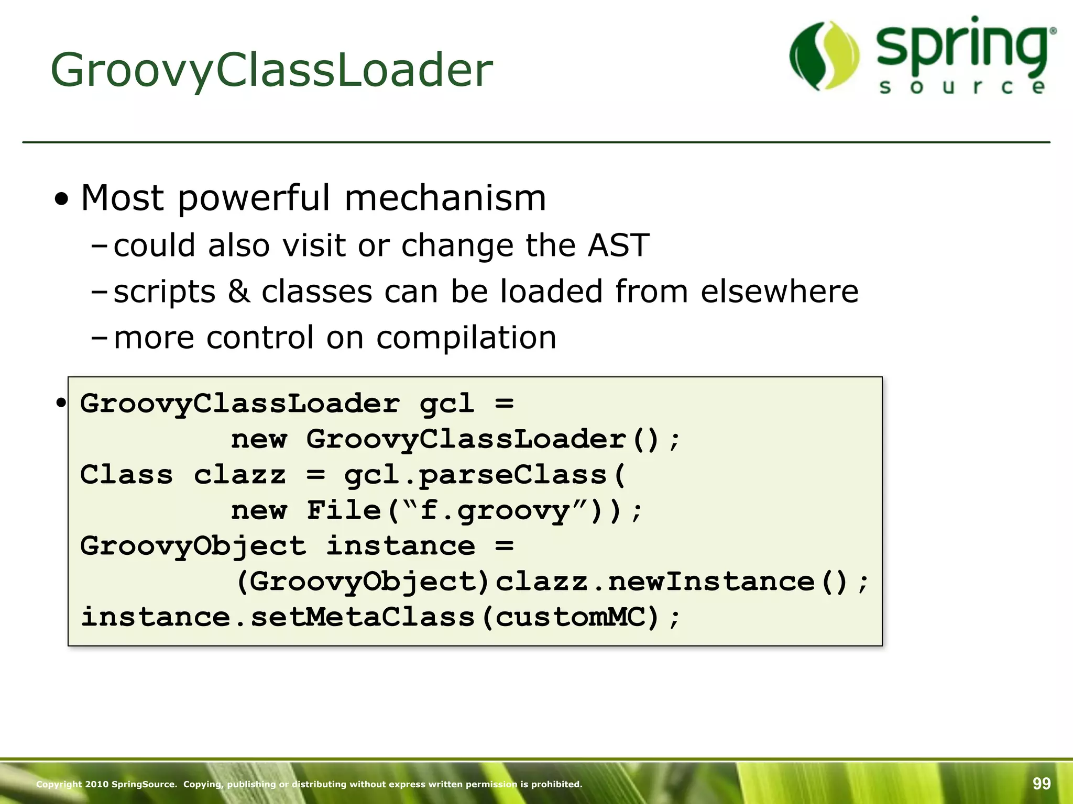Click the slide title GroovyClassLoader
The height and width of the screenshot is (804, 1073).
pyautogui.click(x=271, y=70)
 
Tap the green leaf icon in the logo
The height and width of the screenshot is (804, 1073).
pyautogui.click(x=824, y=55)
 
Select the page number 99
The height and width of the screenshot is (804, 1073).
pyautogui.click(x=1042, y=784)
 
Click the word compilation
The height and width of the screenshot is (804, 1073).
pyautogui.click(x=466, y=337)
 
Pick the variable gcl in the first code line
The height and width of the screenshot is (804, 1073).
pyautogui.click(x=447, y=404)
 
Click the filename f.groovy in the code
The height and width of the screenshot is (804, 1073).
pyautogui.click(x=495, y=511)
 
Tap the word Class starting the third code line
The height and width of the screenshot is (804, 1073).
pyautogui.click(x=126, y=475)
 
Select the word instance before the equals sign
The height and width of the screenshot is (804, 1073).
pyautogui.click(x=401, y=546)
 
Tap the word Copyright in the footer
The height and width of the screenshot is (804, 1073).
pyautogui.click(x=59, y=784)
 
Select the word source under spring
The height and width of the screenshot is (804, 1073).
pyautogui.click(x=963, y=87)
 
